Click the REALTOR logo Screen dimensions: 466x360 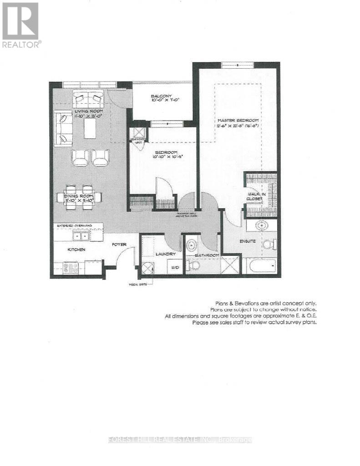tap(21, 25)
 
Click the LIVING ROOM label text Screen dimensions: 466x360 tap(89, 111)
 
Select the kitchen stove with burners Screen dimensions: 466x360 tap(71, 267)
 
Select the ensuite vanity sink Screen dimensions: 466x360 tap(261, 225)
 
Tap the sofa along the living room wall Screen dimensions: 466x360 tap(61, 128)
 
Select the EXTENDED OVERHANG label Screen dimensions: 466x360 tap(74, 226)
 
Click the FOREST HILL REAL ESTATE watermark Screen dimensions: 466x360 tap(180, 440)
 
